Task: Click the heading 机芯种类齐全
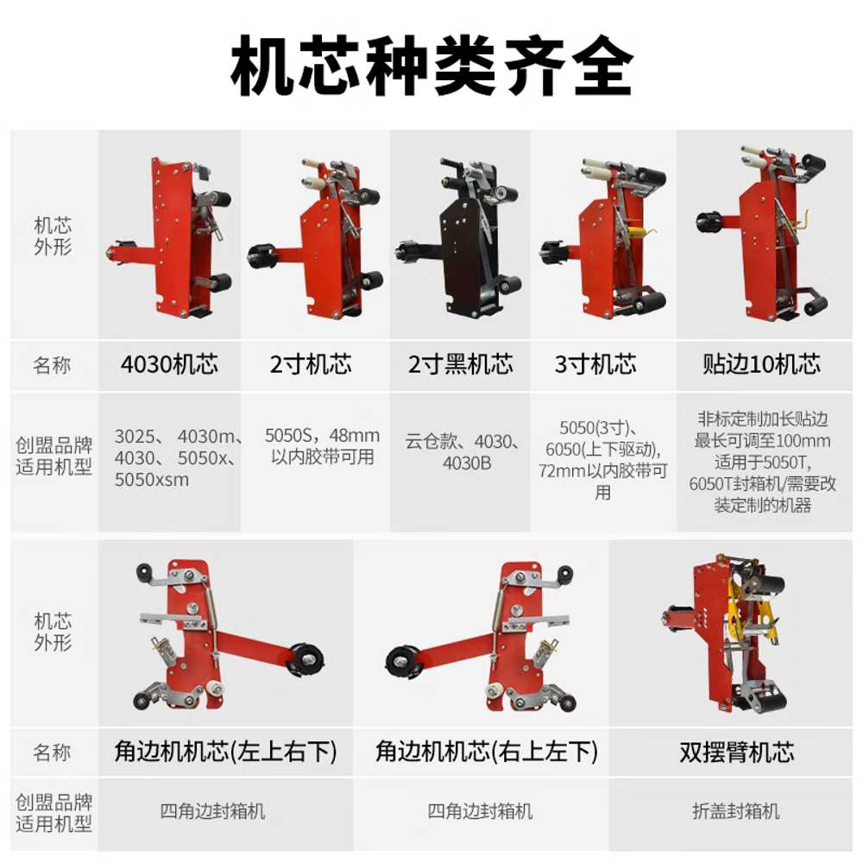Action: click(431, 66)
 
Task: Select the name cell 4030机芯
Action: click(169, 365)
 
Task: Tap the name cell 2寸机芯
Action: click(311, 365)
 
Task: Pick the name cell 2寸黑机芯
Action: click(461, 365)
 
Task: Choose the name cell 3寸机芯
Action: click(595, 365)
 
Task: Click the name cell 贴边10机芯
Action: click(762, 365)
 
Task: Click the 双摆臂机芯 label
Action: click(737, 753)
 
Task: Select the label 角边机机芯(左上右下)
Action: click(225, 753)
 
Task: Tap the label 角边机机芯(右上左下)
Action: click(487, 753)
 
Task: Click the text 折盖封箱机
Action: click(736, 811)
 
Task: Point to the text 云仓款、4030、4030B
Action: click(463, 452)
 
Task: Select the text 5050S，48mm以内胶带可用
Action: click(323, 446)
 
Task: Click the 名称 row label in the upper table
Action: click(53, 365)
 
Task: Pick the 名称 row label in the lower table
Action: click(53, 753)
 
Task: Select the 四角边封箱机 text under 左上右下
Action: click(212, 811)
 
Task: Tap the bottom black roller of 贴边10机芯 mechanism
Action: click(816, 304)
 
